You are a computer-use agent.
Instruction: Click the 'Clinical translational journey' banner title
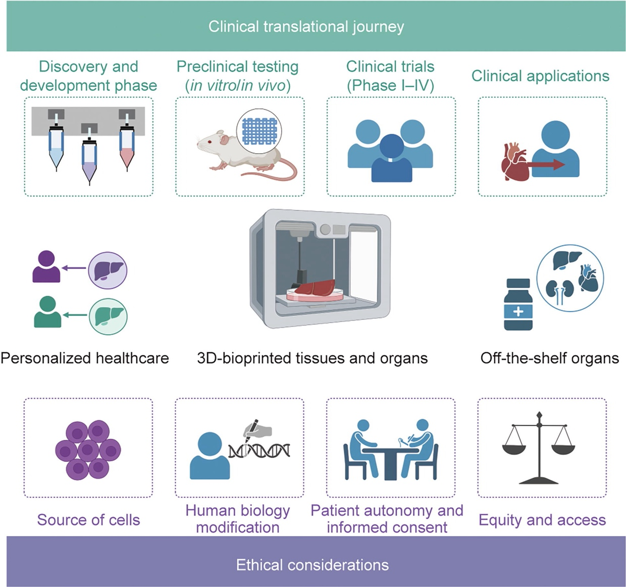pyautogui.click(x=306, y=27)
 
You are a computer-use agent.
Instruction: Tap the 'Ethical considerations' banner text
pyautogui.click(x=312, y=564)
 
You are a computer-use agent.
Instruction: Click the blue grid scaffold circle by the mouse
pyautogui.click(x=259, y=131)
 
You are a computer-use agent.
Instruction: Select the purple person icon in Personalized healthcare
pyautogui.click(x=46, y=267)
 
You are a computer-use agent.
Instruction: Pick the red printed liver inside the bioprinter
pyautogui.click(x=316, y=289)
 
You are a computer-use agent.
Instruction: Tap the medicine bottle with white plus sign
pyautogui.click(x=518, y=305)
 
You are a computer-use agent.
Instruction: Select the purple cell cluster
pyautogui.click(x=88, y=449)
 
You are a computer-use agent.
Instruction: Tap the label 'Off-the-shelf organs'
pyautogui.click(x=549, y=358)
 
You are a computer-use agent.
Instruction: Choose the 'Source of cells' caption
pyautogui.click(x=88, y=520)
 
